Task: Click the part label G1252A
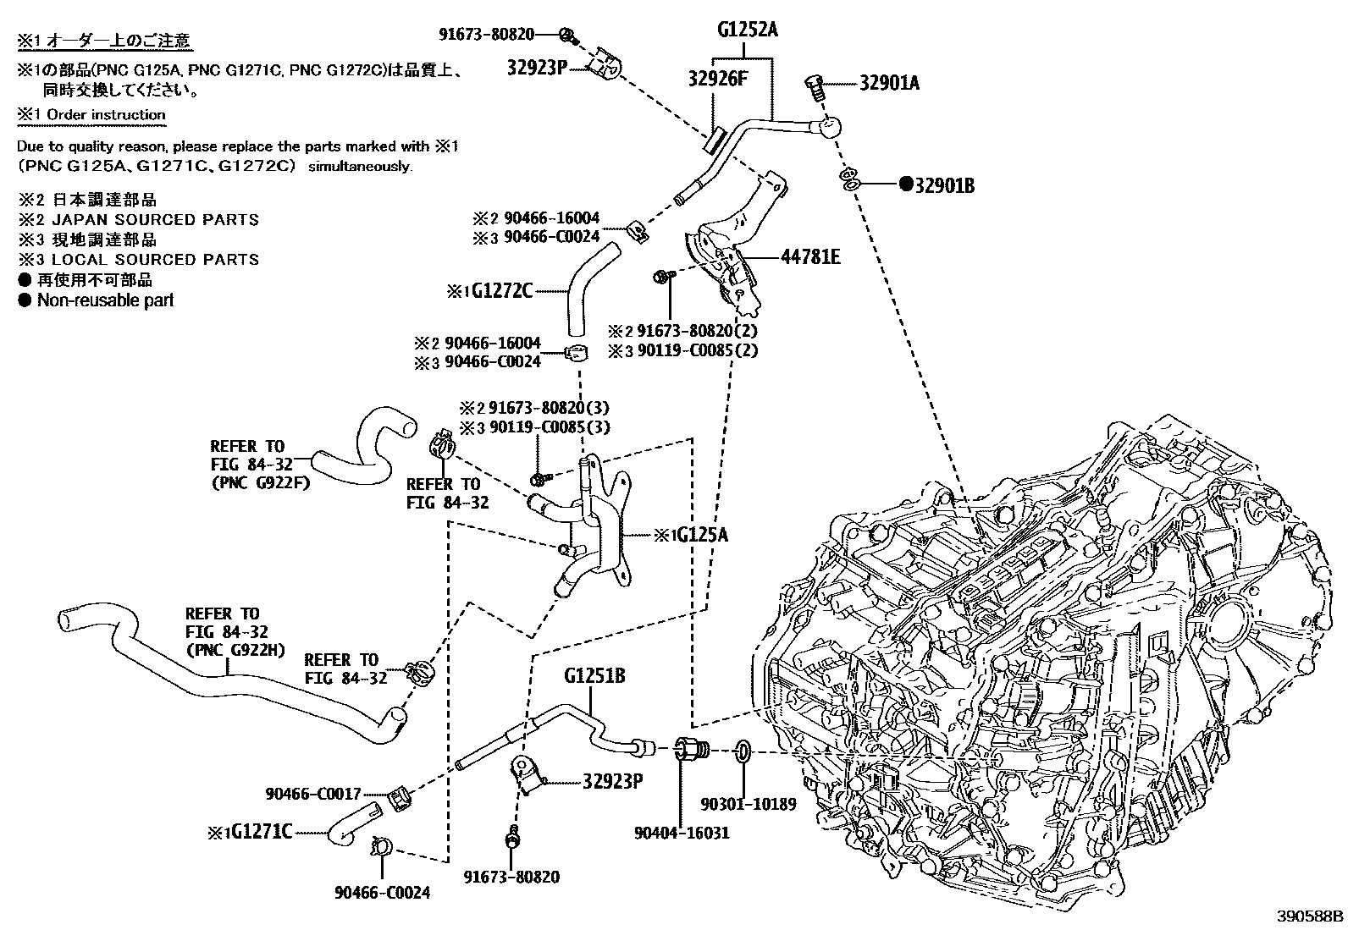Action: pos(747,31)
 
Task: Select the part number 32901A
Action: pos(889,83)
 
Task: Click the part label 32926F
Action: pos(718,80)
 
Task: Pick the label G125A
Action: pos(697,535)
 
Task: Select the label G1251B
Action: pos(594,677)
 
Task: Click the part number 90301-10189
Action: pos(749,804)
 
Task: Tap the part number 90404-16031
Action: pos(682,833)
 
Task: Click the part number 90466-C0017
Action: pos(313,794)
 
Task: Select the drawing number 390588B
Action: pos(1311,916)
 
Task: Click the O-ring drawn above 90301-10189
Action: pos(741,751)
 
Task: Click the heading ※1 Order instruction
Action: pos(91,114)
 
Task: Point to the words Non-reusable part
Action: pos(105,300)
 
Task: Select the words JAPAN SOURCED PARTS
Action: pos(155,219)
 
